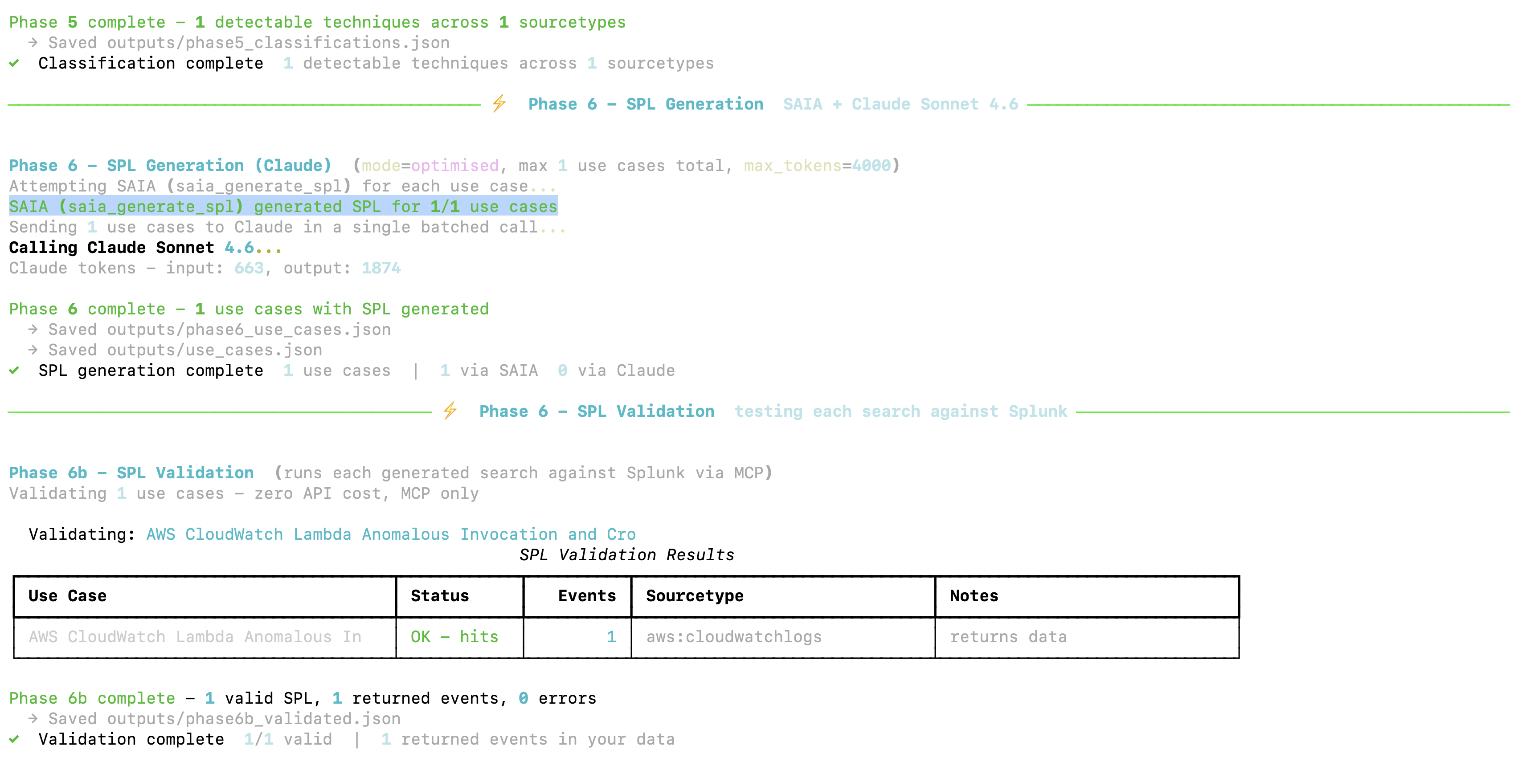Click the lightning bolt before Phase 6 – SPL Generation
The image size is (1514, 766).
tap(499, 103)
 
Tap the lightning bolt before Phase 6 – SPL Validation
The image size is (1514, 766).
tap(450, 411)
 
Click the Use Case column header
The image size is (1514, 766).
tap(68, 595)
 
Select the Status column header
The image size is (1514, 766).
tap(440, 595)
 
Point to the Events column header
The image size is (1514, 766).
tap(586, 595)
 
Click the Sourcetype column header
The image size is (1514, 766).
tap(695, 595)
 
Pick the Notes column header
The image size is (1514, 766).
tap(974, 595)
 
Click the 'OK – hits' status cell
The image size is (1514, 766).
tap(454, 637)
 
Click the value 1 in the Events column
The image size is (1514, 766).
tap(611, 637)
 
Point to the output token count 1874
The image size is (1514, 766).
tap(381, 268)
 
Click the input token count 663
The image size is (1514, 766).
tap(249, 268)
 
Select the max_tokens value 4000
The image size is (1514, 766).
tap(871, 166)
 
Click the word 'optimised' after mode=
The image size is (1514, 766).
tap(454, 166)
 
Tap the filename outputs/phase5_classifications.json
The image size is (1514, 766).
tap(278, 43)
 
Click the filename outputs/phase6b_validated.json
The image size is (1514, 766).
tap(254, 719)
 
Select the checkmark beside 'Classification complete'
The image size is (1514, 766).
tap(14, 63)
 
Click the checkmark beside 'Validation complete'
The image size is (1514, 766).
tap(14, 739)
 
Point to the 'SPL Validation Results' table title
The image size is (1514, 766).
tap(626, 554)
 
